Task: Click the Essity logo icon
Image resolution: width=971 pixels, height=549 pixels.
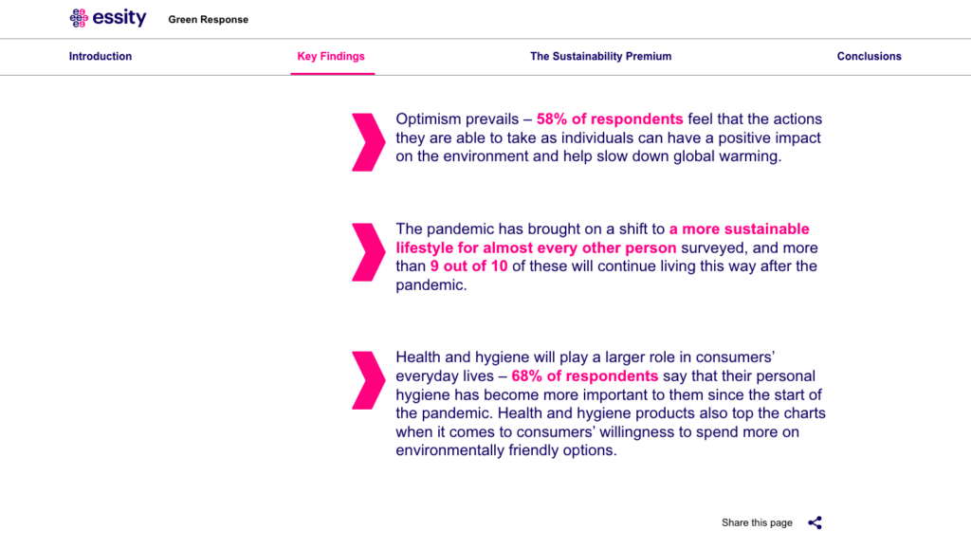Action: tap(79, 18)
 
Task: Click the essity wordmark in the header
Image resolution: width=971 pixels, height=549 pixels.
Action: tap(119, 17)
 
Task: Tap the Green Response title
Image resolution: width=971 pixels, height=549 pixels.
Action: tap(208, 20)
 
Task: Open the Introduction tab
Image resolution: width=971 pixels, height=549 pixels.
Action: tap(101, 56)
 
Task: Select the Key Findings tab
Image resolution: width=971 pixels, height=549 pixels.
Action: tap(331, 56)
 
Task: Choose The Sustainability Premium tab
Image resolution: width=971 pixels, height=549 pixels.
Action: tap(600, 56)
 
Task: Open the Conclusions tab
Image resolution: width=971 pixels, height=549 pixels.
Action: tap(869, 56)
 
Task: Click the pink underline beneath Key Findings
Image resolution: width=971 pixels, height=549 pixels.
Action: tap(333, 74)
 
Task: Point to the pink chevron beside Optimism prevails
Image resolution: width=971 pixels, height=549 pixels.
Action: tap(369, 141)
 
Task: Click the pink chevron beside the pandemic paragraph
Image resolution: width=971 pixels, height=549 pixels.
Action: tap(369, 252)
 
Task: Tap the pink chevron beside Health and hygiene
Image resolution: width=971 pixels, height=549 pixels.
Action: tap(369, 380)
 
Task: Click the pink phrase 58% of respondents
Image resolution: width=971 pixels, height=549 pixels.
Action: tap(610, 119)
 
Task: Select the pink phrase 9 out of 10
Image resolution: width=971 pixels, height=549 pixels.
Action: tap(468, 266)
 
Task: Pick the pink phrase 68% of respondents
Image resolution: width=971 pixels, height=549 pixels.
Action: tap(584, 376)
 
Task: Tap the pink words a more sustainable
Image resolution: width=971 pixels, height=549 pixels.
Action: tap(740, 229)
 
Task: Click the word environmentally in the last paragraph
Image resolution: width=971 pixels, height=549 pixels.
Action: tap(450, 450)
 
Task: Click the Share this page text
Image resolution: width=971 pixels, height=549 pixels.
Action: tap(757, 523)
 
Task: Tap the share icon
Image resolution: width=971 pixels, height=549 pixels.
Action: tap(815, 523)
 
